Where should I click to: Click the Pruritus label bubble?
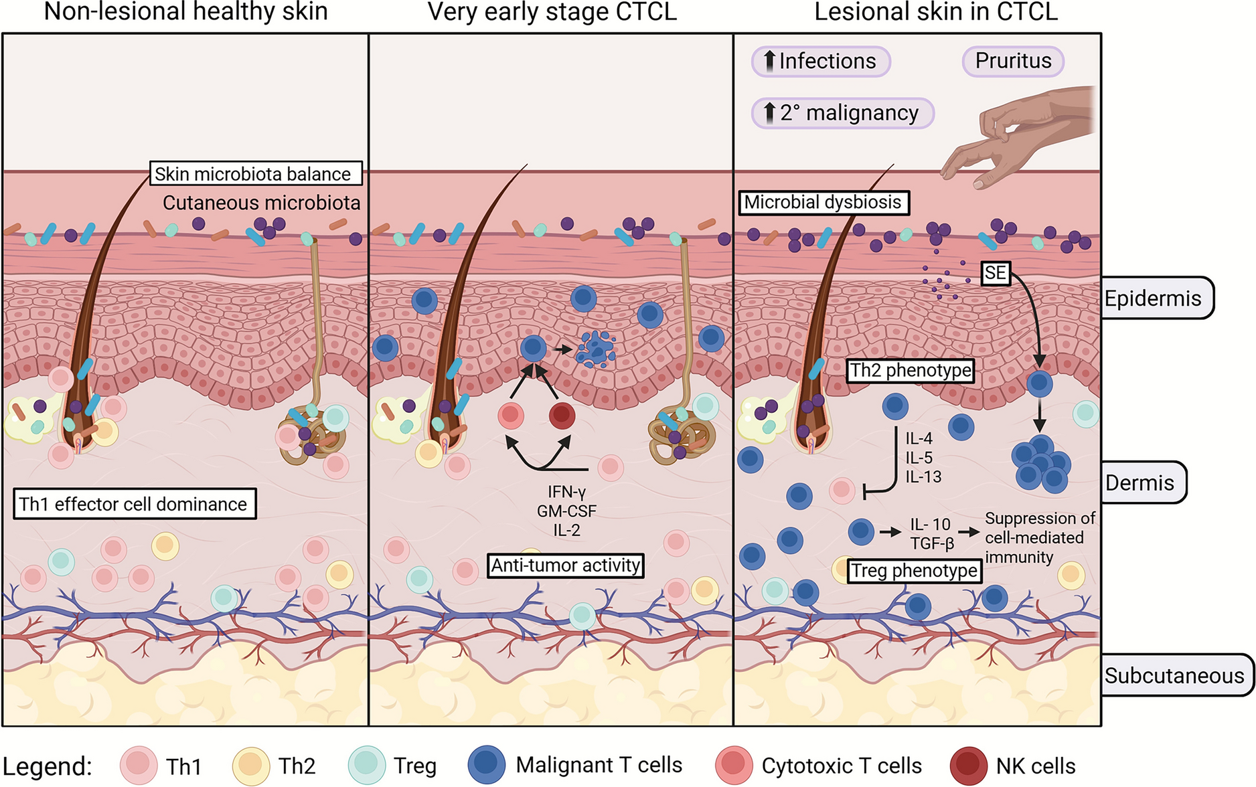[1012, 61]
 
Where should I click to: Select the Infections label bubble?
[821, 61]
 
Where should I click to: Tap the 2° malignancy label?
[842, 112]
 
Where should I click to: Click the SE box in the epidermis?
[996, 273]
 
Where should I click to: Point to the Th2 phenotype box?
[910, 370]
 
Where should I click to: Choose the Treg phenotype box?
[914, 571]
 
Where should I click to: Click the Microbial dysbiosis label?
[823, 202]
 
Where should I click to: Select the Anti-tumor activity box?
[566, 565]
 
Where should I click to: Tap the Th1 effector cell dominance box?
[134, 504]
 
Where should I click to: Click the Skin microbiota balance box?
[255, 173]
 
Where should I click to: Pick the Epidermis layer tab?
[1156, 298]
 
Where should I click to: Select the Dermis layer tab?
[1142, 483]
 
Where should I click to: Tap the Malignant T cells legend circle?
[487, 766]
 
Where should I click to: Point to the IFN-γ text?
[566, 492]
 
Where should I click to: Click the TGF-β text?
[932, 543]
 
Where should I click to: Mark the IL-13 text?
[923, 477]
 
